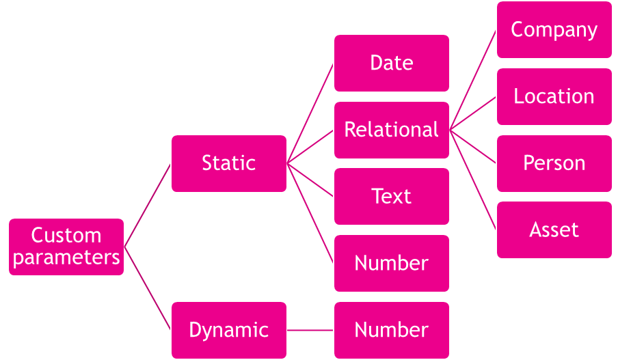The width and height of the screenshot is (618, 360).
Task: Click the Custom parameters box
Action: (66, 247)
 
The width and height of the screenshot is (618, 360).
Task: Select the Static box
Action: (229, 163)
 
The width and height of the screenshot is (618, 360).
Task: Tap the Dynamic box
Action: (229, 330)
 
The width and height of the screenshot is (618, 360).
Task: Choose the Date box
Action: (392, 63)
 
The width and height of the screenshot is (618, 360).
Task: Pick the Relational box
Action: (392, 130)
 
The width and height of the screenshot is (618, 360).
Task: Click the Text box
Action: (392, 197)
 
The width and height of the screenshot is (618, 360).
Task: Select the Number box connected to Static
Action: (392, 264)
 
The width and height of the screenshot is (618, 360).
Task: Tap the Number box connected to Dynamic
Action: (392, 330)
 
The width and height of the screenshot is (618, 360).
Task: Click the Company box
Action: (554, 30)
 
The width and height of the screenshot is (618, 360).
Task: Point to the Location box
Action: (554, 96)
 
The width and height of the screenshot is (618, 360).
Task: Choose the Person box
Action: (554, 163)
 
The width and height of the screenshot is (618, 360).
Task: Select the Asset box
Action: (554, 230)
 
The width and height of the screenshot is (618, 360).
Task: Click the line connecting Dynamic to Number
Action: (310, 330)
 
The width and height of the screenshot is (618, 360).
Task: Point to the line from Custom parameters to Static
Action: (148, 205)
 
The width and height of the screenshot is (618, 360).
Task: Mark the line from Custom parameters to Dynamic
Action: (148, 288)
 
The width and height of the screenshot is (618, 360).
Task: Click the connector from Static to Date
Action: (310, 113)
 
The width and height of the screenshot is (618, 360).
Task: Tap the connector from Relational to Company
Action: (473, 80)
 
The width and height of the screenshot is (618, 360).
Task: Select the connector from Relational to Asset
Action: (473, 180)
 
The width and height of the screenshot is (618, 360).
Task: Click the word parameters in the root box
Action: (66, 258)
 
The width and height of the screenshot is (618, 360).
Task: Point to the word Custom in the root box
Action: (66, 236)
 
